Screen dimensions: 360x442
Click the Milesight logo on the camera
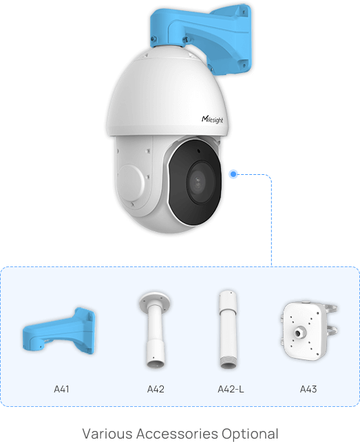tap(212, 120)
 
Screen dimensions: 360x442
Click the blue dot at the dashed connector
tap(233, 174)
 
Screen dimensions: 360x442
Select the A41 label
tap(61, 389)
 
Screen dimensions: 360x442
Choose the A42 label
tap(156, 389)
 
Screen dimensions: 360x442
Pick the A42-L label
tap(231, 389)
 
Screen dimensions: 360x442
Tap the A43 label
tap(308, 389)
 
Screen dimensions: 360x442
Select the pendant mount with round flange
tap(155, 330)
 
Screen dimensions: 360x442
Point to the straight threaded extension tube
tap(228, 330)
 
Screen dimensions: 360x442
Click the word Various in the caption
tap(107, 434)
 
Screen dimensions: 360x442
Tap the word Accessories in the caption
tap(177, 434)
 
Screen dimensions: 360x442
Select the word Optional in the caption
tap(250, 434)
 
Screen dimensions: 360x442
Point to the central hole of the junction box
tap(298, 333)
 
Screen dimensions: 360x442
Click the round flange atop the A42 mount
tap(154, 299)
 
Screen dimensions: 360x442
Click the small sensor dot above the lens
tap(199, 151)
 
